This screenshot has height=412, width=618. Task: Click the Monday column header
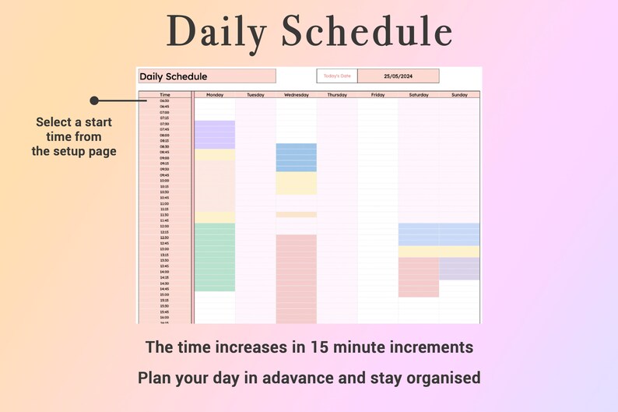coord(215,94)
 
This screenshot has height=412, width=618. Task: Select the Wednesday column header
coord(297,94)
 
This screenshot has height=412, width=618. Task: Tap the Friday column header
coord(378,94)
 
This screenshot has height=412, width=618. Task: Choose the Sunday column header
coord(459,94)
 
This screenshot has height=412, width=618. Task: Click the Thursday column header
coord(337,94)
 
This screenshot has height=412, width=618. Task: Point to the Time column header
coord(165,94)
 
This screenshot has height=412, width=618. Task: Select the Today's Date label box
coord(338,76)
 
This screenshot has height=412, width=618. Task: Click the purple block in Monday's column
coord(215,135)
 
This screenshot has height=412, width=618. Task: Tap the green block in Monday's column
coord(215,257)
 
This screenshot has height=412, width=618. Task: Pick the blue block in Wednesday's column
coord(297,157)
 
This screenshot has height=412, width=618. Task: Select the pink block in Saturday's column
coord(419,276)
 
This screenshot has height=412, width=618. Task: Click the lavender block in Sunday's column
coord(459,269)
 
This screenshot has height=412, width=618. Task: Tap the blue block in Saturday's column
coord(419,234)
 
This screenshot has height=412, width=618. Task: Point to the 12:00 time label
coord(165,226)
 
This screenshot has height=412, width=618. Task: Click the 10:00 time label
coord(165,181)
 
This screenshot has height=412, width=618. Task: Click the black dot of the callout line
coord(94,100)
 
